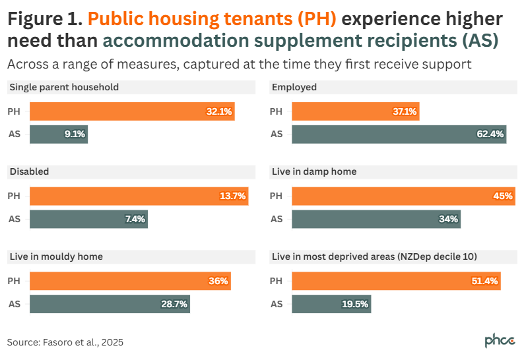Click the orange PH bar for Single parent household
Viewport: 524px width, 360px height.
pyautogui.click(x=132, y=111)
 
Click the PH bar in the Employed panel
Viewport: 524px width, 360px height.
pyautogui.click(x=355, y=111)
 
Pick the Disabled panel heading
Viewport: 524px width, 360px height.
pyautogui.click(x=29, y=171)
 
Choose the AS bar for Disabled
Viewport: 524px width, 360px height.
pyautogui.click(x=88, y=219)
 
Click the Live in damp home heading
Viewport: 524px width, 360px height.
pyautogui.click(x=314, y=171)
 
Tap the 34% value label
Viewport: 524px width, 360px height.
pyautogui.click(x=449, y=219)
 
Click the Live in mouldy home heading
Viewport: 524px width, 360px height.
pyautogui.click(x=55, y=256)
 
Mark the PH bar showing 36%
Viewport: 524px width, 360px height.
pyautogui.click(x=130, y=281)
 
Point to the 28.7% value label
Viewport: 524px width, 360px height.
pyautogui.click(x=175, y=304)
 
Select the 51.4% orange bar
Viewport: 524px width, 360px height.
pyautogui.click(x=396, y=281)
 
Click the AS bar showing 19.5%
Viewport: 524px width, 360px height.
pyautogui.click(x=331, y=304)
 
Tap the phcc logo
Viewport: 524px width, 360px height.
pyautogui.click(x=500, y=341)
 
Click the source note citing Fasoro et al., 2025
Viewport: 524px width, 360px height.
pyautogui.click(x=65, y=342)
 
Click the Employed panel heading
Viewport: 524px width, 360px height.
pyautogui.click(x=294, y=87)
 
